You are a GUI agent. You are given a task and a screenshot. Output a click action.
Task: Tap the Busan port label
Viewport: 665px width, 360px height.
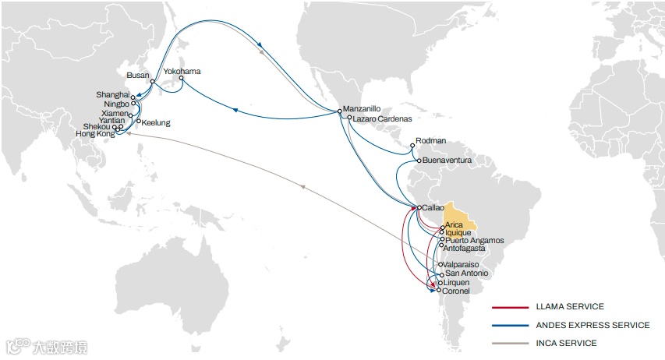point(137,76)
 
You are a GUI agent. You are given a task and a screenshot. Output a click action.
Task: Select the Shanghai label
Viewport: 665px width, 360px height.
point(115,94)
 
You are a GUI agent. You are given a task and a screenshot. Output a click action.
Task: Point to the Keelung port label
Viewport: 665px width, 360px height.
point(156,122)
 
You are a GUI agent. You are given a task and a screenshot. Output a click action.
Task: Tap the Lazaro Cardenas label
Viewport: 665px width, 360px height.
point(381,119)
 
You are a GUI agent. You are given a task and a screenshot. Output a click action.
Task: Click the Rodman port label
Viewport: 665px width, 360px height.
point(431,140)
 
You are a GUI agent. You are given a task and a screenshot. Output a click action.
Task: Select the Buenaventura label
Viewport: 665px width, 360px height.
point(447,160)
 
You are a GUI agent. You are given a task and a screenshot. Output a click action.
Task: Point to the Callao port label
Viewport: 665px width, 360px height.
point(433,208)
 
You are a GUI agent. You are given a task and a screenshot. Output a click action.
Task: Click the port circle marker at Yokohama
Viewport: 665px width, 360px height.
point(181,79)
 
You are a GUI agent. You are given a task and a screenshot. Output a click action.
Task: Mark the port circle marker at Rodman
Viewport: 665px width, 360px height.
point(412,146)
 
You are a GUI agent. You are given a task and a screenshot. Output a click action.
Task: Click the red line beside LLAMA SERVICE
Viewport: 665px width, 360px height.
point(508,307)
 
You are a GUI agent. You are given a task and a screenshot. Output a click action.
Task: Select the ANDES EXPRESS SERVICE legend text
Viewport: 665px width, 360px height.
point(592,325)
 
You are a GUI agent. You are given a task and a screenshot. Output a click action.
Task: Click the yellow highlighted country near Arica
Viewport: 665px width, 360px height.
point(457,211)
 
